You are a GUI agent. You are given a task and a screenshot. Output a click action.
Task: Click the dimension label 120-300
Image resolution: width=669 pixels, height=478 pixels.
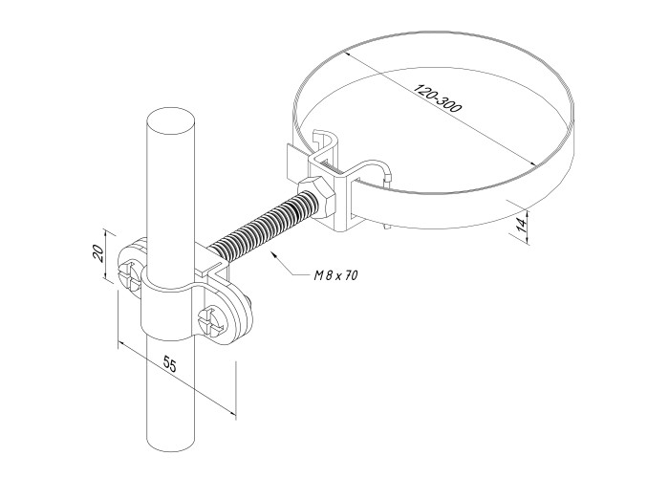coord(438,99)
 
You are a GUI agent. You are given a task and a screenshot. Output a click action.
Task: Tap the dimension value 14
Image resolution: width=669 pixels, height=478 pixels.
coord(522,223)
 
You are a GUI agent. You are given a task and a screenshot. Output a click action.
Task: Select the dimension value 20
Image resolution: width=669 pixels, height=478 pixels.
coord(97,253)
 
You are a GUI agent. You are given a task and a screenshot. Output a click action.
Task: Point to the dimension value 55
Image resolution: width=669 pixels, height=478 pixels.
coord(170,365)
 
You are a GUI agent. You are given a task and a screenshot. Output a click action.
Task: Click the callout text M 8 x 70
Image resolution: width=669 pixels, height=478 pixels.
coord(335,275)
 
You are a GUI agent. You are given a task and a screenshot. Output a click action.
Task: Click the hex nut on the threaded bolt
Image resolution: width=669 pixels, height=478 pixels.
coord(317,198)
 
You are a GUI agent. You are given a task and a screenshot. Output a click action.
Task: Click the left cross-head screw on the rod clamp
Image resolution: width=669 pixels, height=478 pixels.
coord(129,276)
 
